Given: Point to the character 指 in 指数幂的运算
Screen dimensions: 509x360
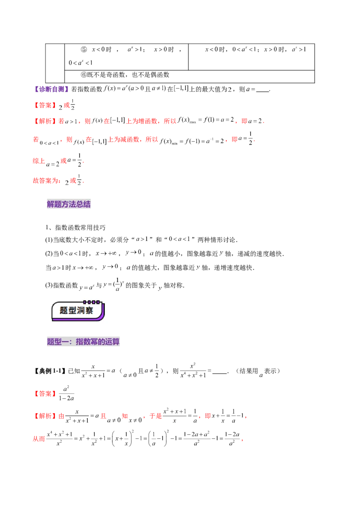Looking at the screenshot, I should click(80, 342).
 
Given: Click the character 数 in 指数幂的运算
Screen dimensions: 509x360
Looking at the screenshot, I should click(87, 342).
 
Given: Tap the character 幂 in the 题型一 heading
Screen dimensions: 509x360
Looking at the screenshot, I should click(94, 342).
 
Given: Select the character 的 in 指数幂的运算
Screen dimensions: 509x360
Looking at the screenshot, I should click(101, 342).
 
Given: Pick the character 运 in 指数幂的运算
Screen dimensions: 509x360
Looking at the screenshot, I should click(108, 342).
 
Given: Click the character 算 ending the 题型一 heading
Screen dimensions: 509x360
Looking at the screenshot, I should click(116, 342).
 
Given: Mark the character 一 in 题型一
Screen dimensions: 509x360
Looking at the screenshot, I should click(65, 342).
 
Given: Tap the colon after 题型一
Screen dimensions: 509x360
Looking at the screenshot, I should click(72, 342).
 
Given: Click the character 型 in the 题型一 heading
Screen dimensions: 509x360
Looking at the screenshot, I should click(58, 342).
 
